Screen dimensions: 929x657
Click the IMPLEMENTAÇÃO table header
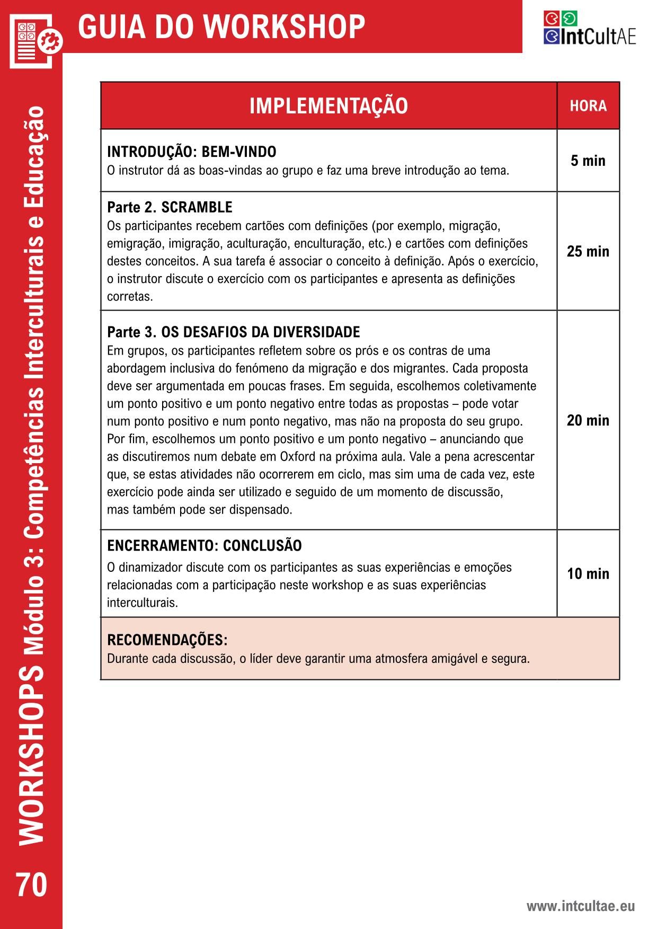(x=328, y=105)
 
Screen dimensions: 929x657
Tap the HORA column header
(x=588, y=106)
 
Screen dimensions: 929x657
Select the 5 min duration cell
(x=588, y=161)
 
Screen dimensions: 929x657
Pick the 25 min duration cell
(x=588, y=251)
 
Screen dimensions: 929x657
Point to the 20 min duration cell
(x=588, y=420)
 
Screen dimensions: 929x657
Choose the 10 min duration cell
(x=588, y=573)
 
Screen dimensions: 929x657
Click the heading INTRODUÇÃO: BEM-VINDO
(x=191, y=152)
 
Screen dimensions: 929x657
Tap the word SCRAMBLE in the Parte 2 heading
(x=197, y=207)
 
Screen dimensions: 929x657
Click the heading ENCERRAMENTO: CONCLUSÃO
(x=205, y=546)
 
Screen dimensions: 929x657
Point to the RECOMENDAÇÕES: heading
(x=167, y=640)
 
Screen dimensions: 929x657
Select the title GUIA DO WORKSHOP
(x=221, y=26)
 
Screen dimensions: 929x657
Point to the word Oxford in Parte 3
(x=300, y=457)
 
